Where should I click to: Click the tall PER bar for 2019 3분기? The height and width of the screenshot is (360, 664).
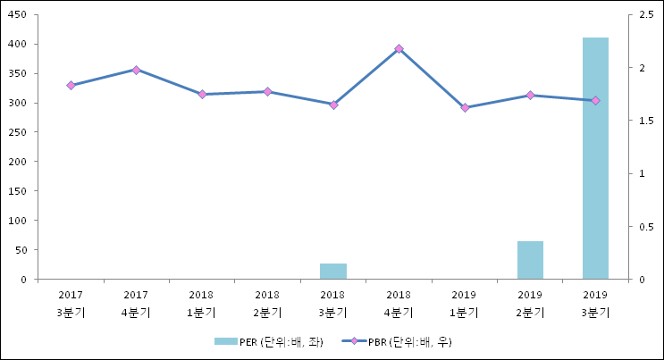pyautogui.click(x=595, y=158)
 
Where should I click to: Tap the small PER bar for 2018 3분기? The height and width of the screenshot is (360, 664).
pyautogui.click(x=333, y=272)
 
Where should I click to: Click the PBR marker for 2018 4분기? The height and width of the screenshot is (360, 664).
pyautogui.click(x=399, y=49)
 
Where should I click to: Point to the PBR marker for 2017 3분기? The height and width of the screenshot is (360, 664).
pyautogui.click(x=71, y=86)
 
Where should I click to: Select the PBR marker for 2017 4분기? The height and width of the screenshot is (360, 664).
pyautogui.click(x=136, y=70)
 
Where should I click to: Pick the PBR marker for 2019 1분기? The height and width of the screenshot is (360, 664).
pyautogui.click(x=465, y=108)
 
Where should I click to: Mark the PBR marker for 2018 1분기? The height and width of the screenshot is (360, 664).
pyautogui.click(x=202, y=94)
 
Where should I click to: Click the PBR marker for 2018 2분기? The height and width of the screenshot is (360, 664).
pyautogui.click(x=267, y=91)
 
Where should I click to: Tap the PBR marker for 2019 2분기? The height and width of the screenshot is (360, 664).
pyautogui.click(x=530, y=96)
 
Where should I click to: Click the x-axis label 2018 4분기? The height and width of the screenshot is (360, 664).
pyautogui.click(x=399, y=303)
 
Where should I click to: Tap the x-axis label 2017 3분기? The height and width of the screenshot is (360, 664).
pyautogui.click(x=71, y=303)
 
